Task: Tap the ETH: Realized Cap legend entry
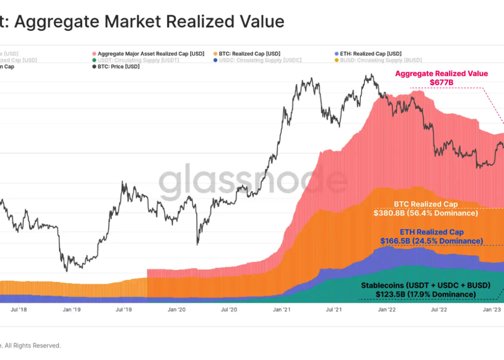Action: (x=370, y=54)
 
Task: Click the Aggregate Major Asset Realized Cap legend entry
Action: (x=151, y=54)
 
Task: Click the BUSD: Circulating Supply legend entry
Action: (x=380, y=60)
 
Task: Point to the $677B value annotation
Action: (x=442, y=82)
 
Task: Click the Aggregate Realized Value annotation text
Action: (x=441, y=73)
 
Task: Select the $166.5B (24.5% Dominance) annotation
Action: (x=431, y=241)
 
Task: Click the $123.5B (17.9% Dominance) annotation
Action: (x=426, y=294)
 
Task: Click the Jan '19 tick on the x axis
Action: (x=71, y=310)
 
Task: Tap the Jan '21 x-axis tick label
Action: (x=282, y=310)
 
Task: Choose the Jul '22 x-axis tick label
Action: (x=439, y=310)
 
